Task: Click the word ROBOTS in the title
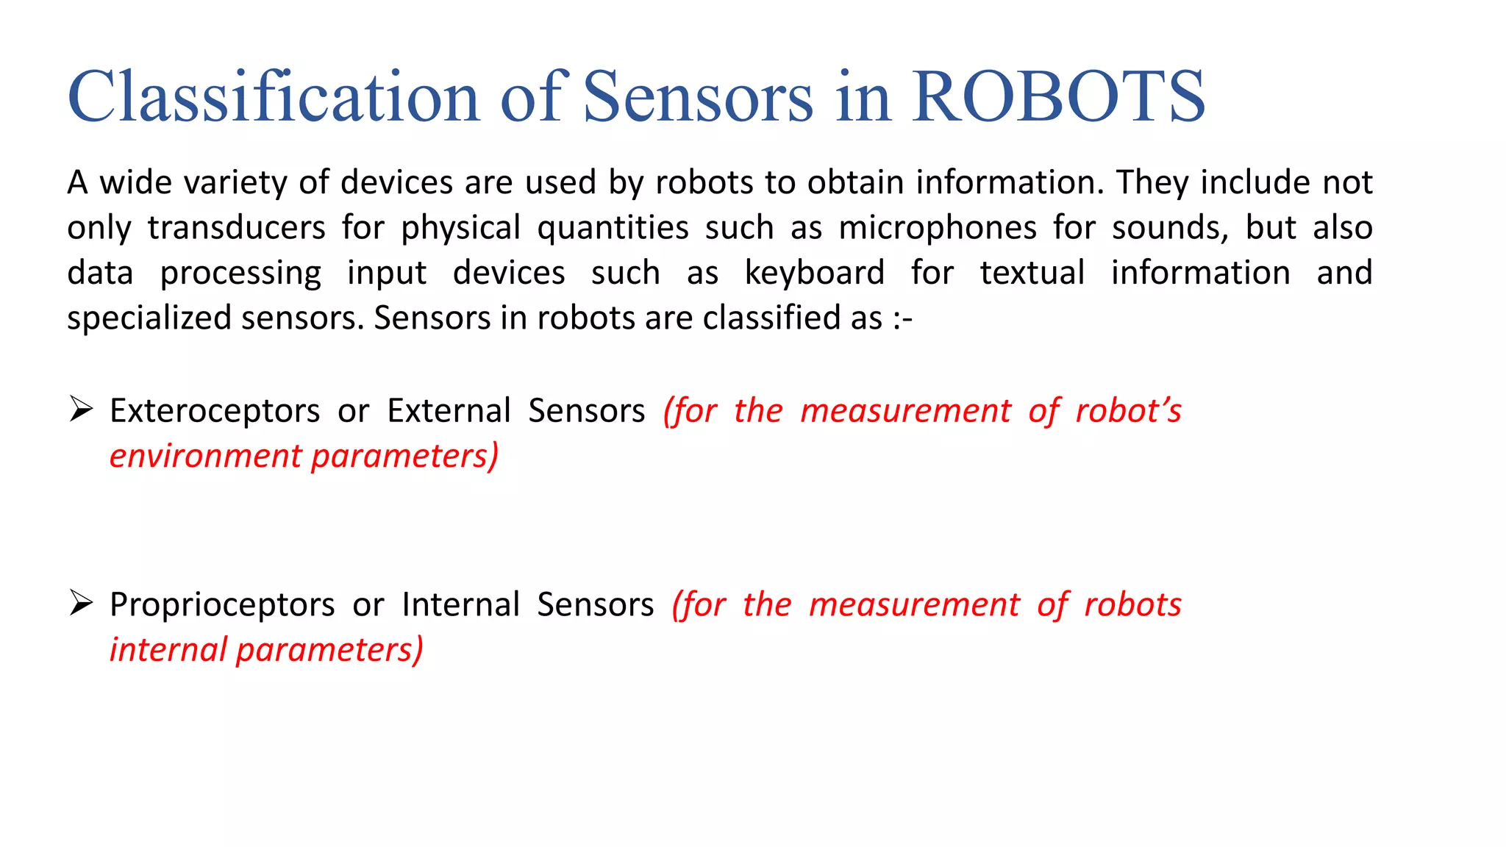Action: pyautogui.click(x=1058, y=97)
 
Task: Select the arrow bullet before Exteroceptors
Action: pyautogui.click(x=81, y=409)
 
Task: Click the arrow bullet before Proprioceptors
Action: pyautogui.click(x=81, y=603)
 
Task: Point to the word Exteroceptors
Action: pyautogui.click(x=215, y=411)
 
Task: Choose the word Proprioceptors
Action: pyautogui.click(x=222, y=605)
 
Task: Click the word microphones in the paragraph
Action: pyautogui.click(x=938, y=228)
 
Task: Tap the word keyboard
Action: pyautogui.click(x=814, y=273)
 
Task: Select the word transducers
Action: pyautogui.click(x=236, y=228)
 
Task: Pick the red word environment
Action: pyautogui.click(x=205, y=457)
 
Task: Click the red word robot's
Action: pyautogui.click(x=1128, y=411)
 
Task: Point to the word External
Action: pyautogui.click(x=449, y=411)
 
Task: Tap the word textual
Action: pyautogui.click(x=1032, y=273)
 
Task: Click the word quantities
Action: pyautogui.click(x=613, y=228)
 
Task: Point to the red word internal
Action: pyautogui.click(x=168, y=650)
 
